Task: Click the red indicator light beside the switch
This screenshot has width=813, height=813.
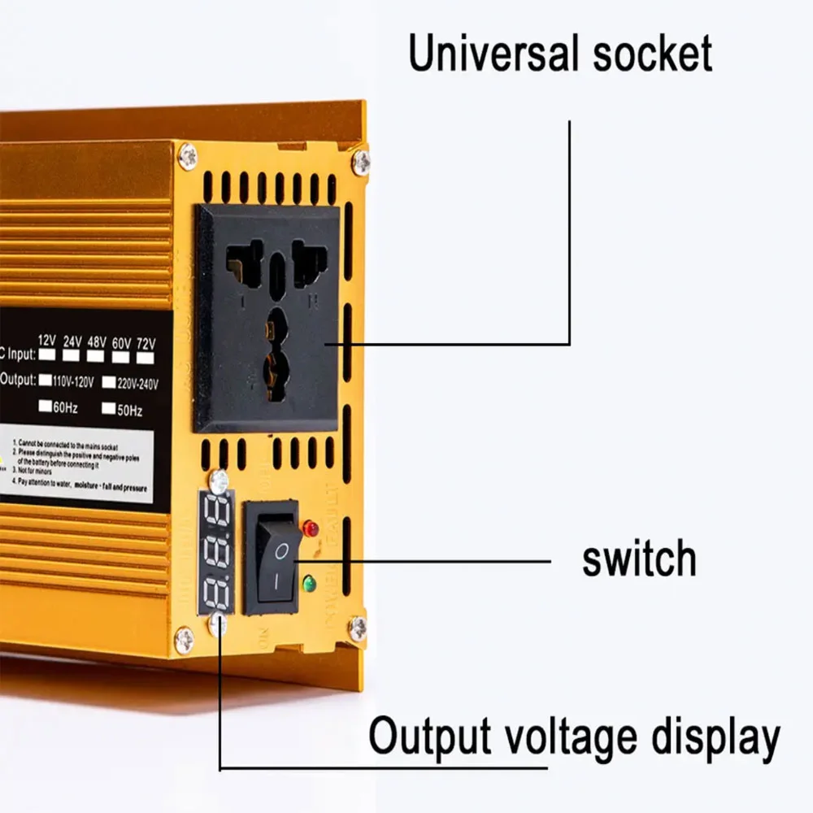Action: pos(310,528)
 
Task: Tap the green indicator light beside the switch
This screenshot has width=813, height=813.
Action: pos(309,583)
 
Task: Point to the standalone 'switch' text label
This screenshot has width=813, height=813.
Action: pos(639,560)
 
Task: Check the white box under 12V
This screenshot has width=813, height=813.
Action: pos(47,355)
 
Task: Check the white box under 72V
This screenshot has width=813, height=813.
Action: pos(146,357)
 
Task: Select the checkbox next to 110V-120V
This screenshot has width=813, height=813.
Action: pos(46,380)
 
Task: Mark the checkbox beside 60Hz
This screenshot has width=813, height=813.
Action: pos(46,406)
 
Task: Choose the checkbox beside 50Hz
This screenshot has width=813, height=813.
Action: pos(109,409)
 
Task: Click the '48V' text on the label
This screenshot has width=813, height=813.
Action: pos(96,341)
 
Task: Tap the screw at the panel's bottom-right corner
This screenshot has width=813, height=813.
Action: pos(356,627)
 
